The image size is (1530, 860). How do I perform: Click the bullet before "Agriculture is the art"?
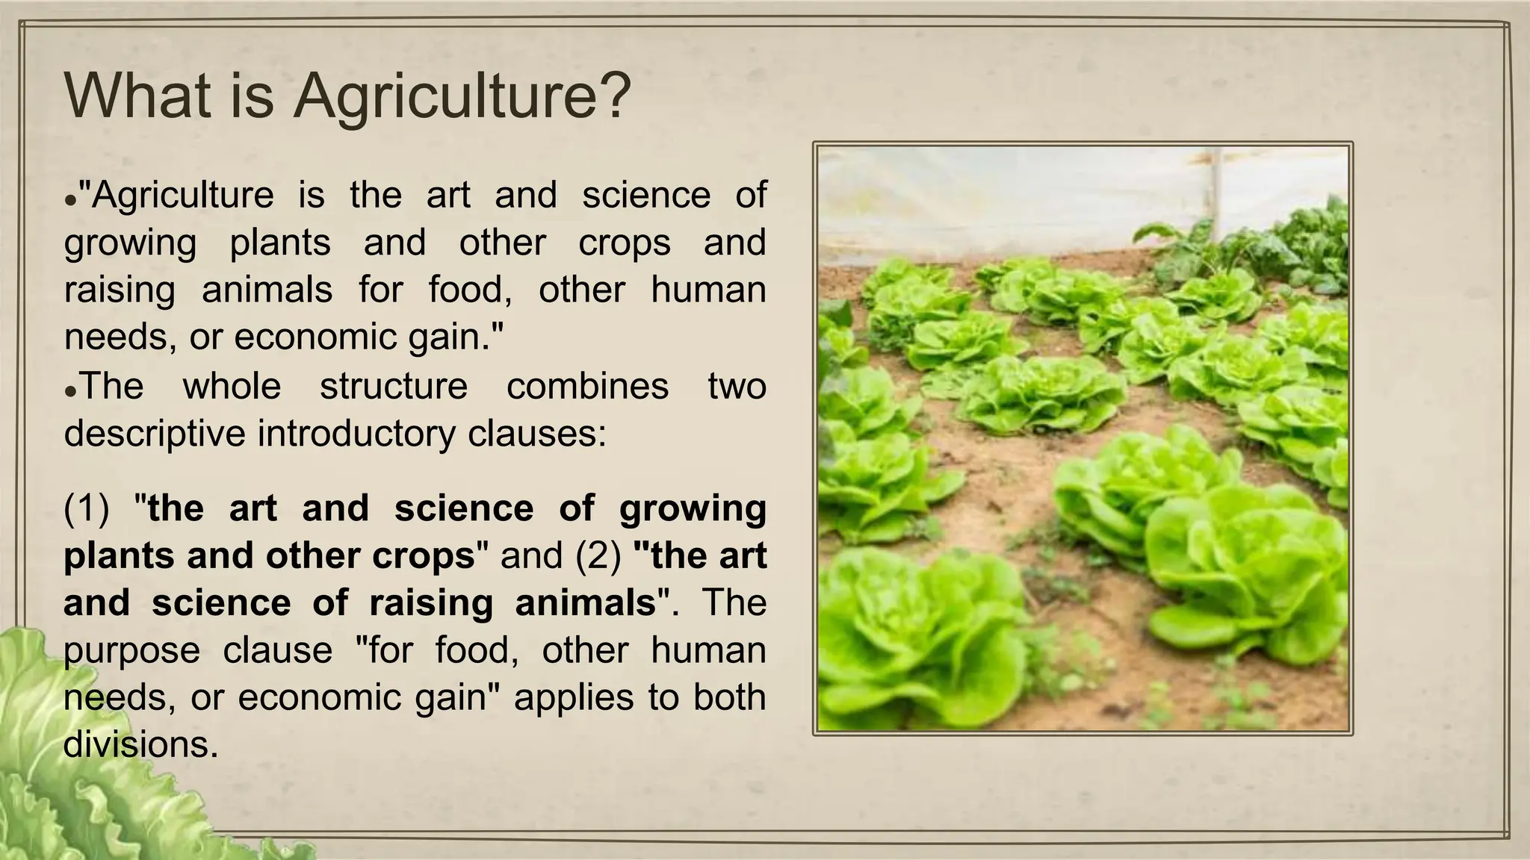coord(70,202)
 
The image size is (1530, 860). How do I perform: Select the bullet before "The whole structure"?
coord(70,392)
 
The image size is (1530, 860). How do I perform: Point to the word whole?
coord(232,387)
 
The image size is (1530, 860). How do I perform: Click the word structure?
coord(394,387)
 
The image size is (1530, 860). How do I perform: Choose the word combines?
coord(587,387)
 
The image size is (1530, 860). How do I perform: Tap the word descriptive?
coord(155,434)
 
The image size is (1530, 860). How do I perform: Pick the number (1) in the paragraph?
coord(86,508)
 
